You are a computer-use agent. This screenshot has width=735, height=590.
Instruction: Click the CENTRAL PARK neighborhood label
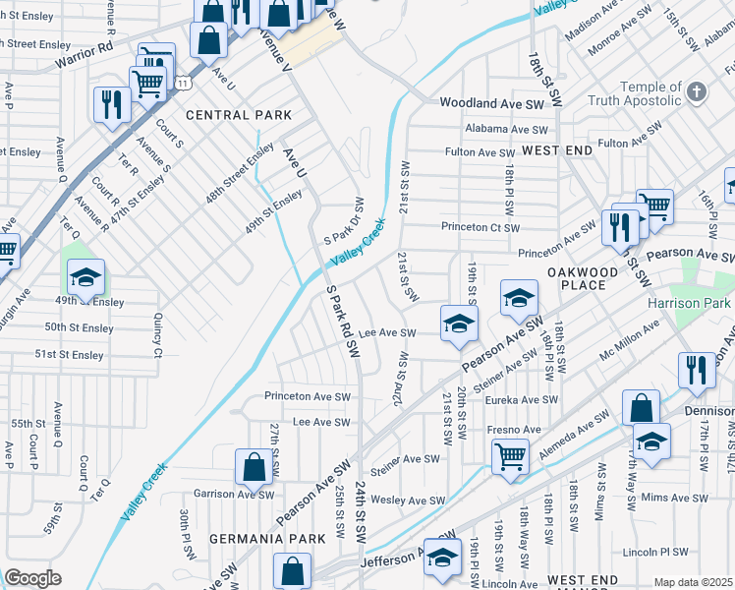point(239,115)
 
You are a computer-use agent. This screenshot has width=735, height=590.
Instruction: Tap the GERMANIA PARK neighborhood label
point(261,539)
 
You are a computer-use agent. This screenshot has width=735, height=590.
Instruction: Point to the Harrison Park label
point(690,303)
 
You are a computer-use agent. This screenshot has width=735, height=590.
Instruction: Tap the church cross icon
point(697,92)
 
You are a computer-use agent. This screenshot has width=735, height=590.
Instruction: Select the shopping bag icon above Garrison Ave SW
point(254,468)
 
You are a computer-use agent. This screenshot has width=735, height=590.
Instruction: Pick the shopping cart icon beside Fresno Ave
point(511,455)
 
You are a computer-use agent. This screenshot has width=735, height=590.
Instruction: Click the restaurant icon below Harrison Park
point(697,371)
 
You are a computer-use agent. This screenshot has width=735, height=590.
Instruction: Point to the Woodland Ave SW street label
point(491,103)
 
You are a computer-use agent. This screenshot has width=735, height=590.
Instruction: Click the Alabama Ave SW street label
point(507,130)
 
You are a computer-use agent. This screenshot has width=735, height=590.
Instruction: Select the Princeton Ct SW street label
point(480,226)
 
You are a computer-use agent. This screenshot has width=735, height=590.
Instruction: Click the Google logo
point(32,578)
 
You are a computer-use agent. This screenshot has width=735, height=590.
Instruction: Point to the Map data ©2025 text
point(693,582)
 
